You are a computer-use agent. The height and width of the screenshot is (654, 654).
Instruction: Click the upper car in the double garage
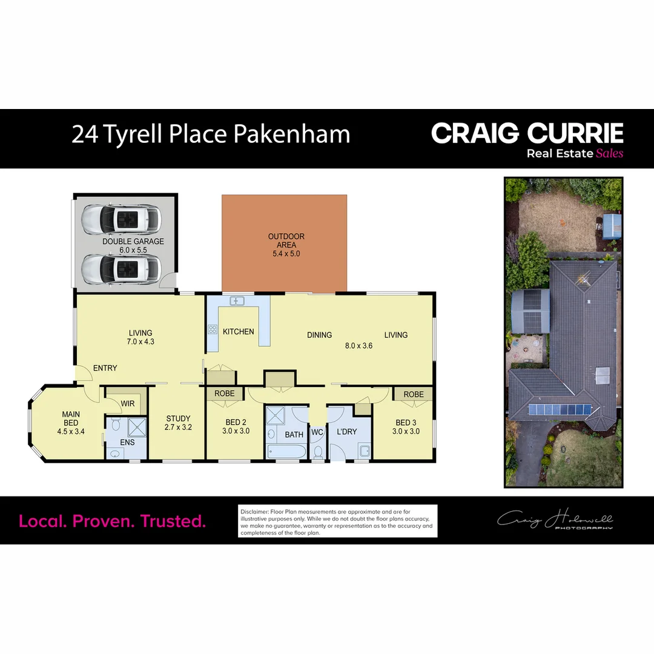[x=121, y=219]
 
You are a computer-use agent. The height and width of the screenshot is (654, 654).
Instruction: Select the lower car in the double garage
[x=121, y=268]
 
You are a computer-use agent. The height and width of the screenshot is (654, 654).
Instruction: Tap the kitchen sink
[x=237, y=301]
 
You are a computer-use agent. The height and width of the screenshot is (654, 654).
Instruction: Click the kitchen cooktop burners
[x=213, y=330]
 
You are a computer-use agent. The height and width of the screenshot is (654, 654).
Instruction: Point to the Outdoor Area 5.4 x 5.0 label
[x=286, y=245]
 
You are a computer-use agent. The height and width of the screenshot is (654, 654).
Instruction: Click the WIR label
[x=127, y=403]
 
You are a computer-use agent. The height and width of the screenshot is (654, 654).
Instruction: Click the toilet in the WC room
[x=317, y=451]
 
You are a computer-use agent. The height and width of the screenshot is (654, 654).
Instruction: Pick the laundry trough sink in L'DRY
[x=365, y=450]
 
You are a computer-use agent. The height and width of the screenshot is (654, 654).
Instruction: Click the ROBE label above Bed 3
[x=414, y=394]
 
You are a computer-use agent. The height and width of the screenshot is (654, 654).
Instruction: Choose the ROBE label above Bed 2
[x=225, y=393]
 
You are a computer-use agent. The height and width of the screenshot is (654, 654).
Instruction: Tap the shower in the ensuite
[x=137, y=427]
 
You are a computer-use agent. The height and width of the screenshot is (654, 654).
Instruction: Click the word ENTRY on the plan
[x=105, y=368]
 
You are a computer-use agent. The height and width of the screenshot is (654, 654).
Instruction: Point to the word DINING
[x=319, y=335]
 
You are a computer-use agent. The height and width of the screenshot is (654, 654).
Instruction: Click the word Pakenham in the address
[x=291, y=134]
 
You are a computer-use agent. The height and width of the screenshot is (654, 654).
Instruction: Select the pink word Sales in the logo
[x=610, y=153]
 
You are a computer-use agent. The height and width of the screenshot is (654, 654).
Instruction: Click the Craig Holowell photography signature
[x=555, y=520]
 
